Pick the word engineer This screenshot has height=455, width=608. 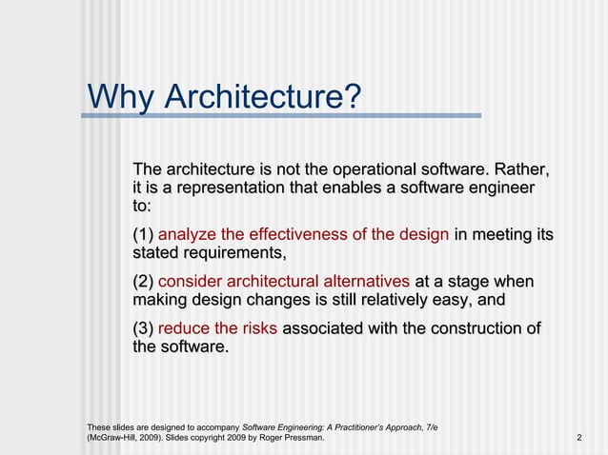(499, 188)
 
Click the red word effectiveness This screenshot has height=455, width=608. (300, 235)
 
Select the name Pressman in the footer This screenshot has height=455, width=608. (301, 438)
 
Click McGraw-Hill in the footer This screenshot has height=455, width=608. (114, 438)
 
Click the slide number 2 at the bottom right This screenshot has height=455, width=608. (579, 438)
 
